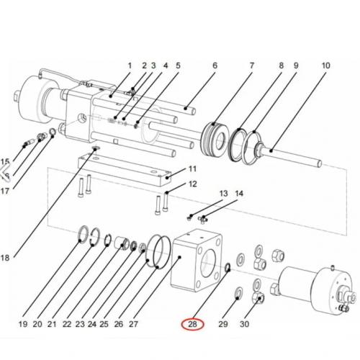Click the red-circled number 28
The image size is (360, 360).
tap(192, 324)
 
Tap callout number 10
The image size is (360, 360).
tap(325, 66)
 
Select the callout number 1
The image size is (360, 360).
tap(130, 66)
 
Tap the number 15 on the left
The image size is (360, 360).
tap(6, 161)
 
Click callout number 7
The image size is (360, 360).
tap(251, 66)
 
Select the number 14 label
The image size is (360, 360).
tap(240, 194)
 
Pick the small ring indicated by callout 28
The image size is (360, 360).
tap(228, 269)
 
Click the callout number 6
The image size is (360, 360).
tap(214, 66)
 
